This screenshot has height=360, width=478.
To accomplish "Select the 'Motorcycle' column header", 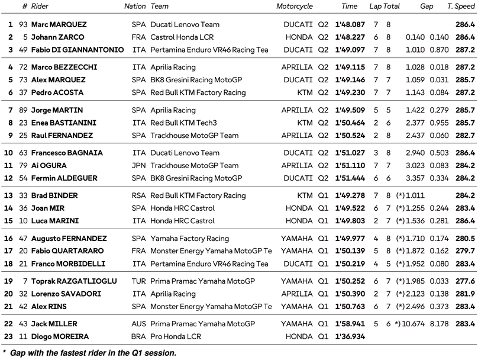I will click(x=294, y=7).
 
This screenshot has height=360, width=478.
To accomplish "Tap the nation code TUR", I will click(x=138, y=281).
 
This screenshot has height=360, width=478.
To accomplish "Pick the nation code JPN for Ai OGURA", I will click(x=138, y=166).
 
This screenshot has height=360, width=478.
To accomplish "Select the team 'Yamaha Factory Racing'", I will click(x=189, y=239).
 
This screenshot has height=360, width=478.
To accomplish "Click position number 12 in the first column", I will click(x=8, y=178).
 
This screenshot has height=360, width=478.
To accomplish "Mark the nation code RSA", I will click(x=138, y=196).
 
